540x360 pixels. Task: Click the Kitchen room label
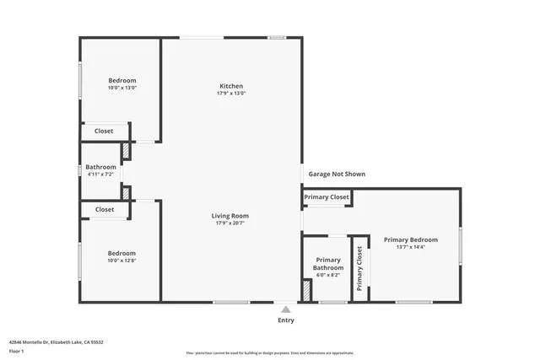(231, 86)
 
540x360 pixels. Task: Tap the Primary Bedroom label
(411, 239)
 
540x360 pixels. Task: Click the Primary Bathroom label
(327, 264)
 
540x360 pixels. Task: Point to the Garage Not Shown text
(337, 174)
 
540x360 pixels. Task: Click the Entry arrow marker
(286, 309)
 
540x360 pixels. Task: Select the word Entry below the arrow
(286, 320)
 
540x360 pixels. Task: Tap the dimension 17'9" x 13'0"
(231, 94)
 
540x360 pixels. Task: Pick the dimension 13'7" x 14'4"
(411, 247)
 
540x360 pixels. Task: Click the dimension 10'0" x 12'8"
(121, 261)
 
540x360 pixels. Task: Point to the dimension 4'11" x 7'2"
(100, 175)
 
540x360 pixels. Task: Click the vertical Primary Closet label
(359, 268)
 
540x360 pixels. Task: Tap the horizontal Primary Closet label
(327, 197)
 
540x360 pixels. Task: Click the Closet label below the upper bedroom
(104, 131)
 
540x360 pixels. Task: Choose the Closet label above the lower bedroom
(104, 209)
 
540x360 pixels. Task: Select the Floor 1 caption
(16, 350)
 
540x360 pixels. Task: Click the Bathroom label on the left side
(100, 167)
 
